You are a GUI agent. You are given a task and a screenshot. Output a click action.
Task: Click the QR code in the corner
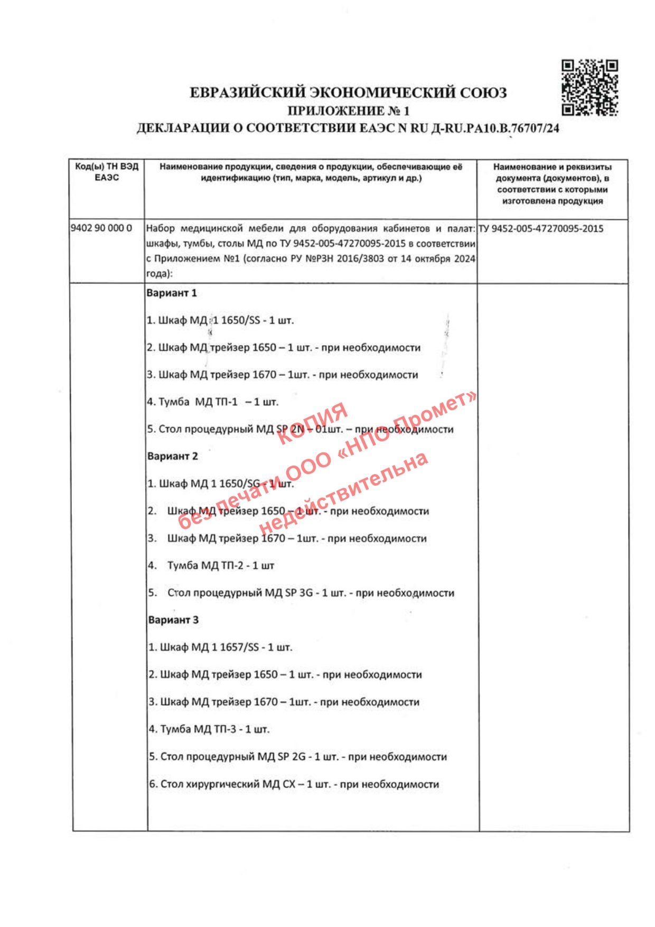[x=589, y=87]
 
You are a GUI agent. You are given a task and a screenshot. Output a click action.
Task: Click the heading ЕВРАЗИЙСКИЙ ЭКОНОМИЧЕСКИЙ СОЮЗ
[x=348, y=93]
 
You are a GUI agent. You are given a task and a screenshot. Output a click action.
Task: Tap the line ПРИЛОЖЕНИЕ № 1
[x=348, y=111]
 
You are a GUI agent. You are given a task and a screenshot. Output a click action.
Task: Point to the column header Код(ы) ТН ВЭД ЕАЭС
[x=107, y=172]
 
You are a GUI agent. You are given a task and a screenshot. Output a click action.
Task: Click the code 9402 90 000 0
[x=101, y=228]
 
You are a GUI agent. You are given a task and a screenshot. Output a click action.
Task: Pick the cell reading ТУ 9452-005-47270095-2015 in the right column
[x=541, y=229]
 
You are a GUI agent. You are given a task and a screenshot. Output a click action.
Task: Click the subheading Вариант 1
[x=172, y=293]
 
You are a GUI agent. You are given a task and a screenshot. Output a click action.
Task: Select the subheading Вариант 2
[x=173, y=456]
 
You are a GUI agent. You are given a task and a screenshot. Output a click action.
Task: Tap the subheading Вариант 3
[x=174, y=620]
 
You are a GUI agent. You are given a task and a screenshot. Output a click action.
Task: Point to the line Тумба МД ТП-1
[x=213, y=402]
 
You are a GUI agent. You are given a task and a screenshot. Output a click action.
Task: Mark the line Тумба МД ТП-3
[x=209, y=729]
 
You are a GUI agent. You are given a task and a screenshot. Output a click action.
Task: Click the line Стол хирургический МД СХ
[x=294, y=784]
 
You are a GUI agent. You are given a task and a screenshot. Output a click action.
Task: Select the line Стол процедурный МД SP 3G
[x=301, y=593]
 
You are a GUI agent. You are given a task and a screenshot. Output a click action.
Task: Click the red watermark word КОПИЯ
[x=312, y=423]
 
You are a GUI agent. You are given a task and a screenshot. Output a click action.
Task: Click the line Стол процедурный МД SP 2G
[x=298, y=757]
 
